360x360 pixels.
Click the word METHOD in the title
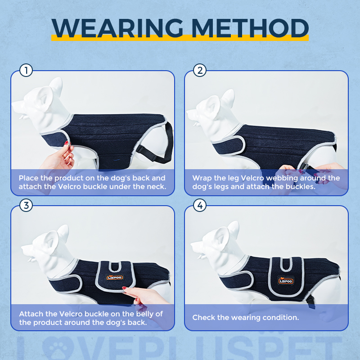coord(250,28)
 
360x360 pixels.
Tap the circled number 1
coord(26,70)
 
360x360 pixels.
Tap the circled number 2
coord(200,70)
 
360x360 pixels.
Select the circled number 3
coord(26,205)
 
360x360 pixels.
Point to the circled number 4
coord(200,205)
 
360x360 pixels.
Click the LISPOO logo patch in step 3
coord(115,278)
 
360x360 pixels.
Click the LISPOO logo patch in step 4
coord(286,280)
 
